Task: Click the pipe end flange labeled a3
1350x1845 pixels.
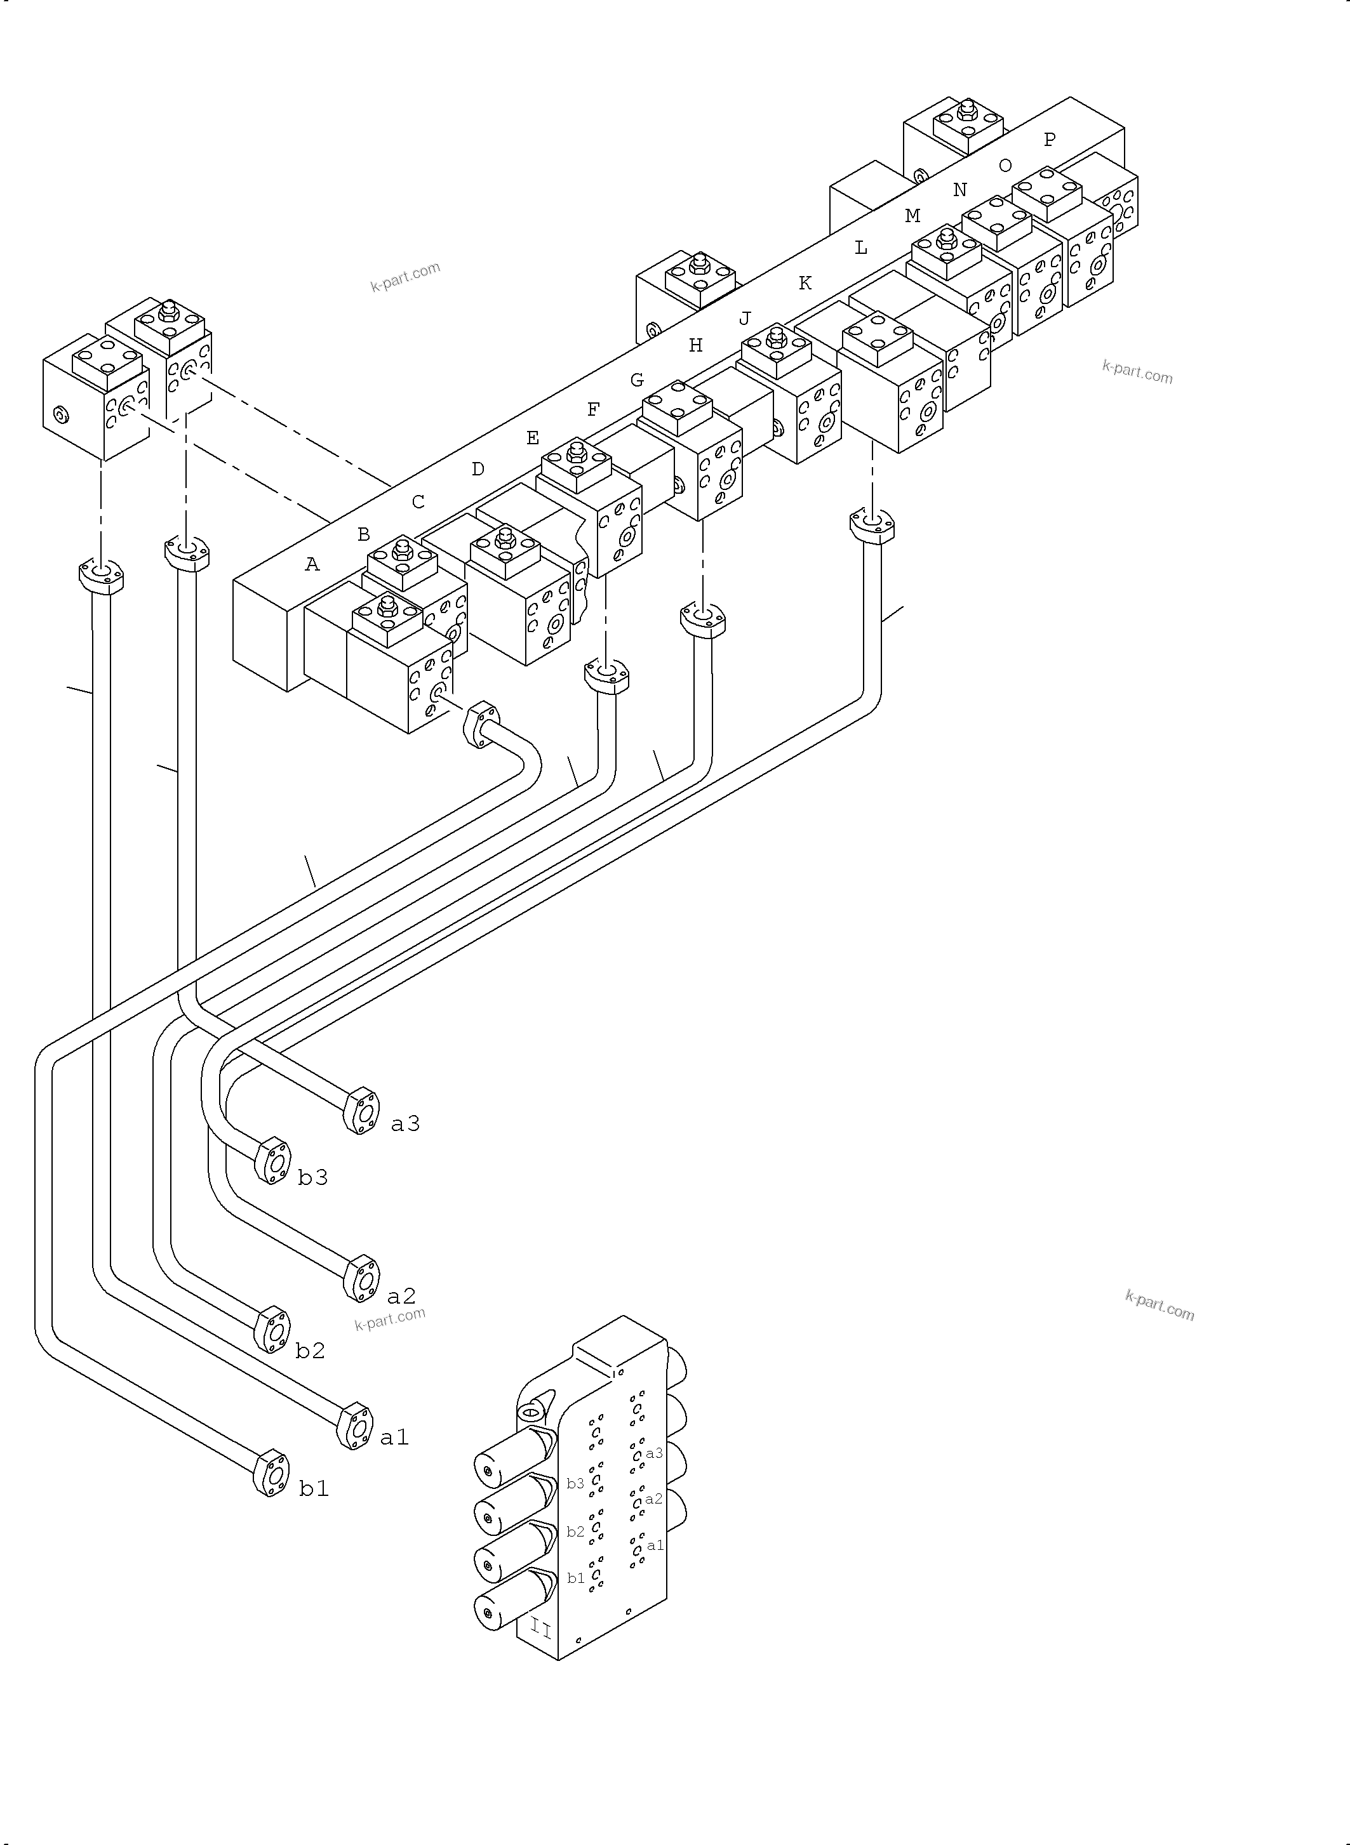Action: pyautogui.click(x=361, y=1111)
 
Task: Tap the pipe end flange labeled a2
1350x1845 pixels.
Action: pyautogui.click(x=361, y=1278)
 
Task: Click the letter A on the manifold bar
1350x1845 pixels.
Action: pyautogui.click(x=312, y=564)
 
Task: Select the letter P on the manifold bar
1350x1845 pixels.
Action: pyautogui.click(x=1049, y=140)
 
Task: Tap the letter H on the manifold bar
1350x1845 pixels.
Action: pyautogui.click(x=695, y=345)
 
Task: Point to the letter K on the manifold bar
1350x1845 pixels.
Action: pyautogui.click(x=805, y=284)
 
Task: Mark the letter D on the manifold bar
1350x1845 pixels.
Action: pyautogui.click(x=478, y=470)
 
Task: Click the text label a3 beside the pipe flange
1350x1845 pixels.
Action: pyautogui.click(x=405, y=1125)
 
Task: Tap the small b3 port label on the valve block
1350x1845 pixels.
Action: pyautogui.click(x=575, y=1484)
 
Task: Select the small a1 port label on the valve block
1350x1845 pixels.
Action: pyautogui.click(x=655, y=1545)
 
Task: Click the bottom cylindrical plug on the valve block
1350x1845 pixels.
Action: pyautogui.click(x=507, y=1608)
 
